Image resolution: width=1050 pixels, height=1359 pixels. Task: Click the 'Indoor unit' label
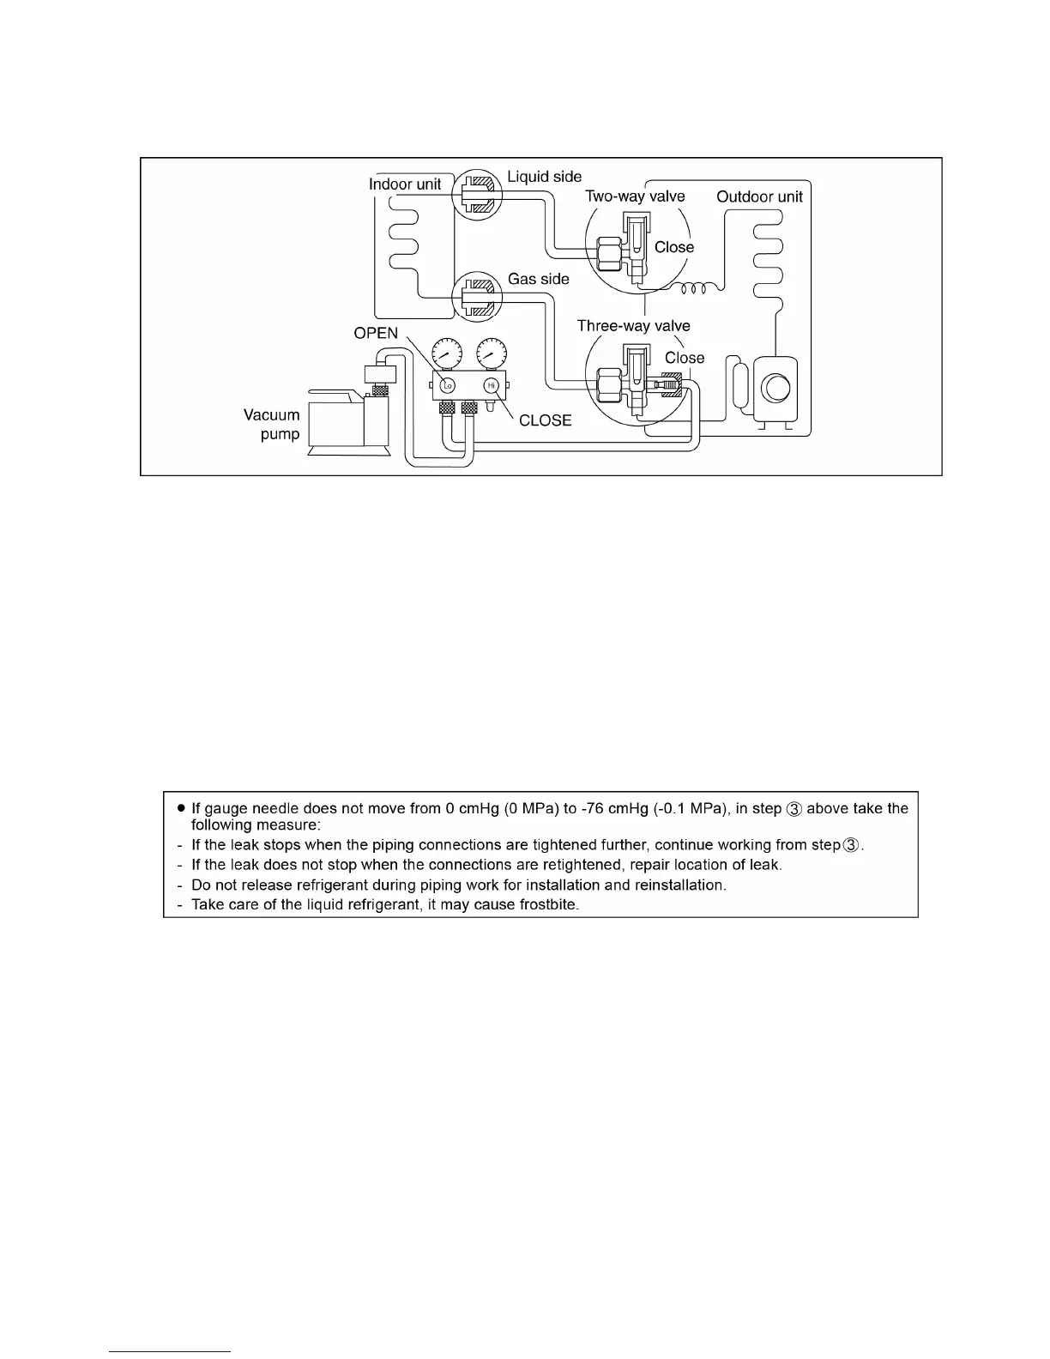(x=404, y=184)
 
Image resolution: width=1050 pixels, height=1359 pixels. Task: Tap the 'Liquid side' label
(x=544, y=177)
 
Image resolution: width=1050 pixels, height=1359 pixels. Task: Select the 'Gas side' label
(x=538, y=279)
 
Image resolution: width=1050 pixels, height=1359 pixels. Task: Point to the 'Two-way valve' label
(x=635, y=196)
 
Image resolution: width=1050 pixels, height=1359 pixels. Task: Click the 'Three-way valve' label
(x=633, y=326)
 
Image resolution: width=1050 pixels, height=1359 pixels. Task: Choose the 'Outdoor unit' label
(x=759, y=196)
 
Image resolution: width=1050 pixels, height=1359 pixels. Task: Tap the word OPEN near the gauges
(x=376, y=334)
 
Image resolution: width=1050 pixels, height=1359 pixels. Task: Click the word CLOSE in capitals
(x=545, y=420)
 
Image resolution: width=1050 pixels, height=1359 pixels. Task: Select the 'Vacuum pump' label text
(x=273, y=425)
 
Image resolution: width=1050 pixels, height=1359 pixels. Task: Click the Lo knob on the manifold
(x=447, y=385)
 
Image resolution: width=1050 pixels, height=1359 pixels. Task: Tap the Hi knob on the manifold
(x=492, y=385)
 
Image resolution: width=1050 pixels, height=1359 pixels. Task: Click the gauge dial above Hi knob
(x=491, y=353)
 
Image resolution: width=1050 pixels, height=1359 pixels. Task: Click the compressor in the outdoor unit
(x=775, y=388)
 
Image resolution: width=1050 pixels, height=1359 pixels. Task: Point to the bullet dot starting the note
(x=181, y=808)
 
